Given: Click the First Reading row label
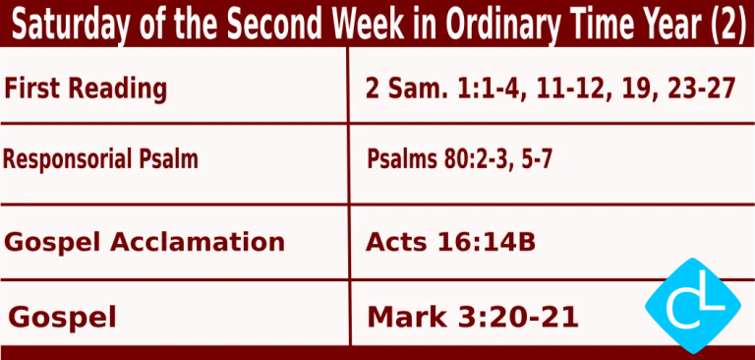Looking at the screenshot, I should click(86, 90).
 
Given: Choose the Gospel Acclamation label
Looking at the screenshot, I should click(145, 242).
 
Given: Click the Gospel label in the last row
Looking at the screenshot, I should click(62, 317).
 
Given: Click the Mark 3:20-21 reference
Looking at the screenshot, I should click(472, 317).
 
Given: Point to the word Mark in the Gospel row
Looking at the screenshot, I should click(404, 317).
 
